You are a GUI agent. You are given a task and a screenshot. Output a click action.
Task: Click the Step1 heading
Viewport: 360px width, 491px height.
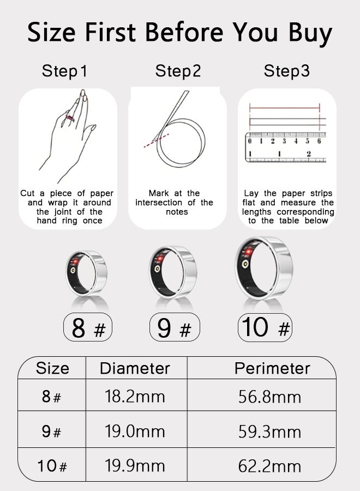pyautogui.click(x=64, y=71)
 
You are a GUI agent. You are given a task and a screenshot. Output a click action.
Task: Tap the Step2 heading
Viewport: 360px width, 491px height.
pyautogui.click(x=178, y=71)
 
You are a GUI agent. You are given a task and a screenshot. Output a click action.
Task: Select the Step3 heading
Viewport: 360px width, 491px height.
pyautogui.click(x=287, y=71)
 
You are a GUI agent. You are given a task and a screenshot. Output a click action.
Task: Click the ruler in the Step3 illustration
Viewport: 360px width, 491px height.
pyautogui.click(x=287, y=147)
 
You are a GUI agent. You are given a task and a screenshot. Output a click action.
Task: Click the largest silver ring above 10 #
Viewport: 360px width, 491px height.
pyautogui.click(x=264, y=268)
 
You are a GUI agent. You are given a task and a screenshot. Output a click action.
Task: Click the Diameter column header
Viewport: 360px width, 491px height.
pyautogui.click(x=135, y=368)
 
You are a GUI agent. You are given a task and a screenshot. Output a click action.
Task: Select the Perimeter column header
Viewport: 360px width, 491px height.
pyautogui.click(x=272, y=368)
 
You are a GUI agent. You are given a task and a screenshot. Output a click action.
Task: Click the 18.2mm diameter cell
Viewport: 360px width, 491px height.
pyautogui.click(x=135, y=397)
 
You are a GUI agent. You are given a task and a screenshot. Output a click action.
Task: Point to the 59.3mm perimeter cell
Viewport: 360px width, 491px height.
pyautogui.click(x=269, y=432)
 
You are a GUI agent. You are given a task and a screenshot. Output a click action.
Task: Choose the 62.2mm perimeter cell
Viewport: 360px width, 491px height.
pyautogui.click(x=269, y=466)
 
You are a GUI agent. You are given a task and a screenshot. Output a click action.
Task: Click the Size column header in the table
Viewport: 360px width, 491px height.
pyautogui.click(x=52, y=368)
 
